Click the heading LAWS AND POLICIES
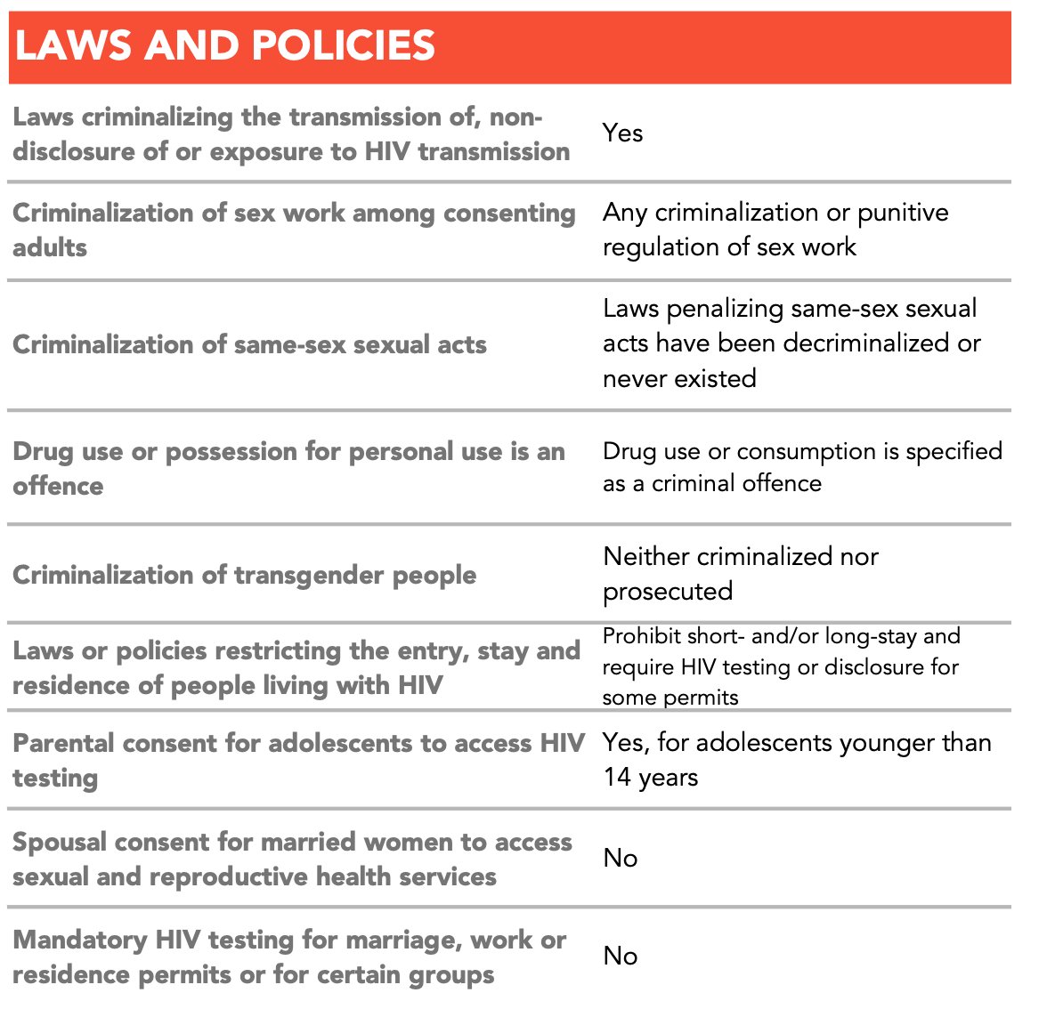[x=225, y=45]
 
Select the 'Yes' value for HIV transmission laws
[x=622, y=133]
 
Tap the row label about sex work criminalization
[x=294, y=230]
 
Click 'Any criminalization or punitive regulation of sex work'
[x=775, y=230]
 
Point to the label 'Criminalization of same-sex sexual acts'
[x=249, y=344]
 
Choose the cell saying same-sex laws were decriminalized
[x=791, y=343]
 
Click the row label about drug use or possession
[x=288, y=468]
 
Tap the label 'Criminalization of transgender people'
[x=244, y=575]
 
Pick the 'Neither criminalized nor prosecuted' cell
[x=740, y=574]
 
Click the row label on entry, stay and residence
[x=296, y=667]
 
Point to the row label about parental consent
[x=297, y=760]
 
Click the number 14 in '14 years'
[x=617, y=778]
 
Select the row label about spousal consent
[x=292, y=859]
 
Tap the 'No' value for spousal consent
[x=621, y=859]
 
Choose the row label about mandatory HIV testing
[x=288, y=957]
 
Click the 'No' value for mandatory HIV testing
[x=621, y=957]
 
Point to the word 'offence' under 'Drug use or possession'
[x=58, y=486]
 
